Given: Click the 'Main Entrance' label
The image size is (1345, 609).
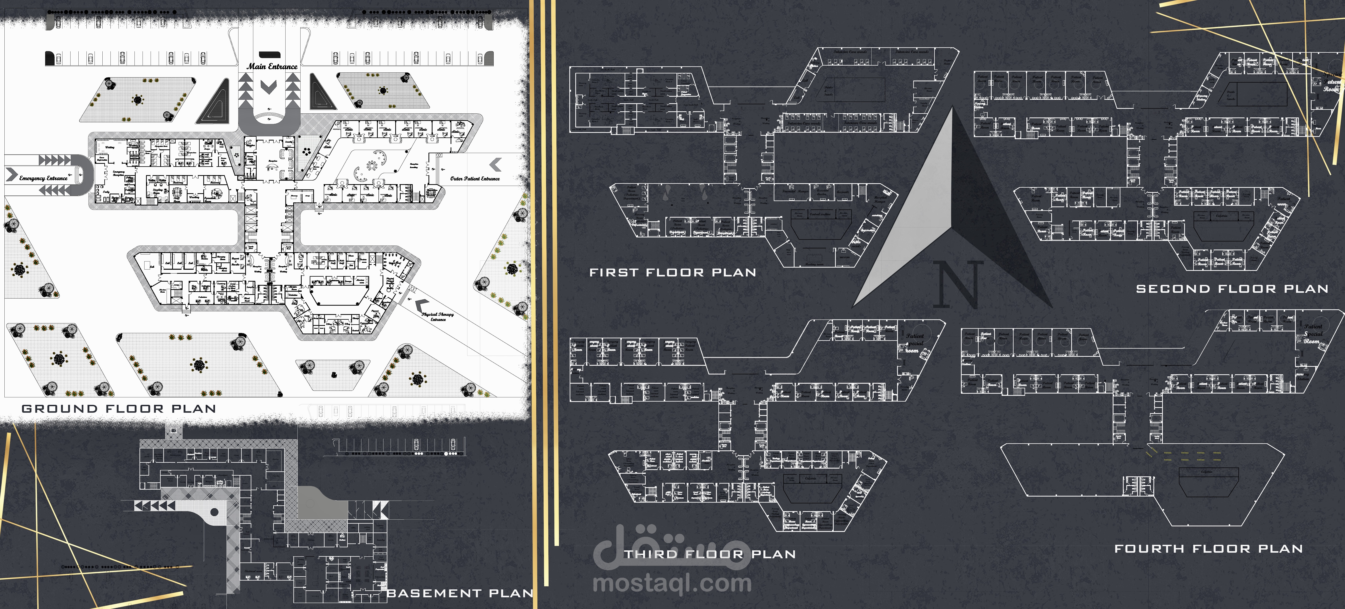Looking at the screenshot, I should click(272, 66).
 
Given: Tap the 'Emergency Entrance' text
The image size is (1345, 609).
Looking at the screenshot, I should click(43, 178).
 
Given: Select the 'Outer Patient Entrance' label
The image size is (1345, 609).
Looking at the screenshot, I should click(475, 179).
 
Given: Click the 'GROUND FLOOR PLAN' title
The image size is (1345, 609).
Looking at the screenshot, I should click(119, 409).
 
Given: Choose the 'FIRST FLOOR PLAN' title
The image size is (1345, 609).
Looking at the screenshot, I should click(672, 273).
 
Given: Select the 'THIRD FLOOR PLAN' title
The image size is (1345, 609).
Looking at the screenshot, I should click(710, 554).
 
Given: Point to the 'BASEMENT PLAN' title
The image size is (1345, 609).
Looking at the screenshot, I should click(459, 593).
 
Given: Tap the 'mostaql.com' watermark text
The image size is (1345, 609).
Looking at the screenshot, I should click(672, 583).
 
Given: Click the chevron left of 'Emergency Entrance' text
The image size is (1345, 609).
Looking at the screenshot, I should click(11, 174).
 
